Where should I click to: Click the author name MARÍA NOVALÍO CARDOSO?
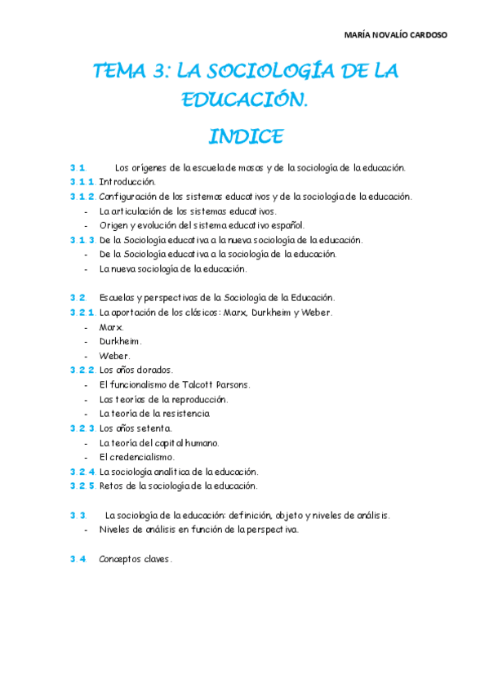pyautogui.click(x=396, y=34)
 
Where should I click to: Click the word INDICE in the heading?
pyautogui.click(x=245, y=135)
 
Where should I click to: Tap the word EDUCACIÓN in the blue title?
pyautogui.click(x=245, y=100)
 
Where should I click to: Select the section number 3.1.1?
pyautogui.click(x=82, y=182)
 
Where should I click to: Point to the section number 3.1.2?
pyautogui.click(x=82, y=197)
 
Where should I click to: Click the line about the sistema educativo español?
pyautogui.click(x=202, y=225)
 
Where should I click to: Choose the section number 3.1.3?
pyautogui.click(x=82, y=240)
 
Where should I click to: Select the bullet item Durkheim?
pyautogui.click(x=120, y=341)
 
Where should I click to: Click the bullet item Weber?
pyautogui.click(x=114, y=356)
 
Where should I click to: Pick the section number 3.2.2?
pyautogui.click(x=82, y=370)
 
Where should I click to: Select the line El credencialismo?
pyautogui.click(x=136, y=457)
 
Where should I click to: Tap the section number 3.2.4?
pyautogui.click(x=82, y=472)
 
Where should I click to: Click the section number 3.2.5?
pyautogui.click(x=82, y=486)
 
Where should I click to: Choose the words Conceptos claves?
pyautogui.click(x=136, y=559)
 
